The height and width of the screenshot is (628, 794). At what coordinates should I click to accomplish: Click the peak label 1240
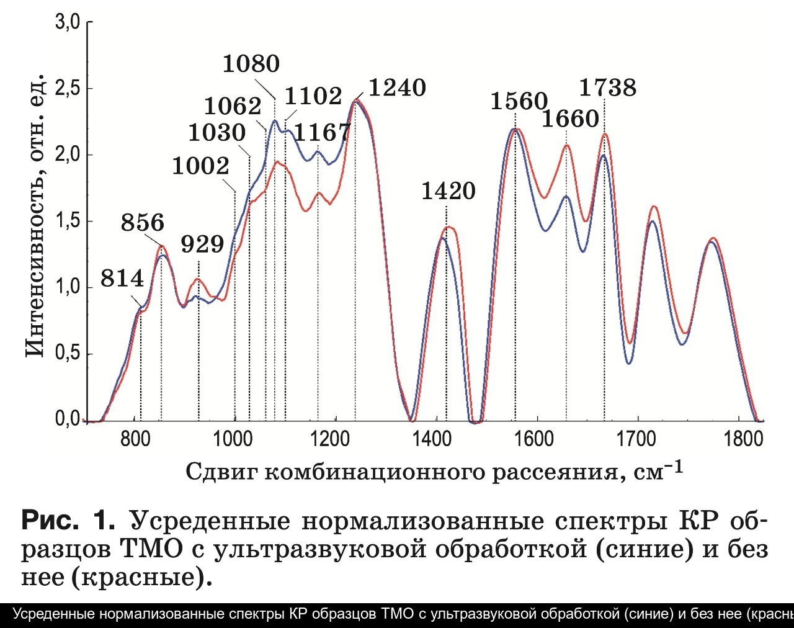397,88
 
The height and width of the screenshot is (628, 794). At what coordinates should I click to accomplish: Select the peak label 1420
448,191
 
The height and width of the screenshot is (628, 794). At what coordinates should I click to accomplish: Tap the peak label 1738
607,88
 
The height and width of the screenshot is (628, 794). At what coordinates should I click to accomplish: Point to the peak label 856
143,223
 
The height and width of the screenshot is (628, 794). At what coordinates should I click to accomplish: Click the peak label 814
122,279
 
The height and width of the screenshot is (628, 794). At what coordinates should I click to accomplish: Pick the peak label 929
202,245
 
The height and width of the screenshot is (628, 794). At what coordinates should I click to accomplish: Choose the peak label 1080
251,64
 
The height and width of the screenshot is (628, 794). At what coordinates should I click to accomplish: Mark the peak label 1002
200,166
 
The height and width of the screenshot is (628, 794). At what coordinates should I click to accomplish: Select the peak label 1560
519,102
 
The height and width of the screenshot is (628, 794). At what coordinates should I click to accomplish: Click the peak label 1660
571,119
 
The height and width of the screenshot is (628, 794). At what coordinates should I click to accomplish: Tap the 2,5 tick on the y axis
68,88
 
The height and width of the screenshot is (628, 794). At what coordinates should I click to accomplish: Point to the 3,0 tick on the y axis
68,22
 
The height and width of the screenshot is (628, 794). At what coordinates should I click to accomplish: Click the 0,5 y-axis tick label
68,354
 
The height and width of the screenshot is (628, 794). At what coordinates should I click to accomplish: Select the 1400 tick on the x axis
435,439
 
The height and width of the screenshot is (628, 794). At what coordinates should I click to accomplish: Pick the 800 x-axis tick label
135,439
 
